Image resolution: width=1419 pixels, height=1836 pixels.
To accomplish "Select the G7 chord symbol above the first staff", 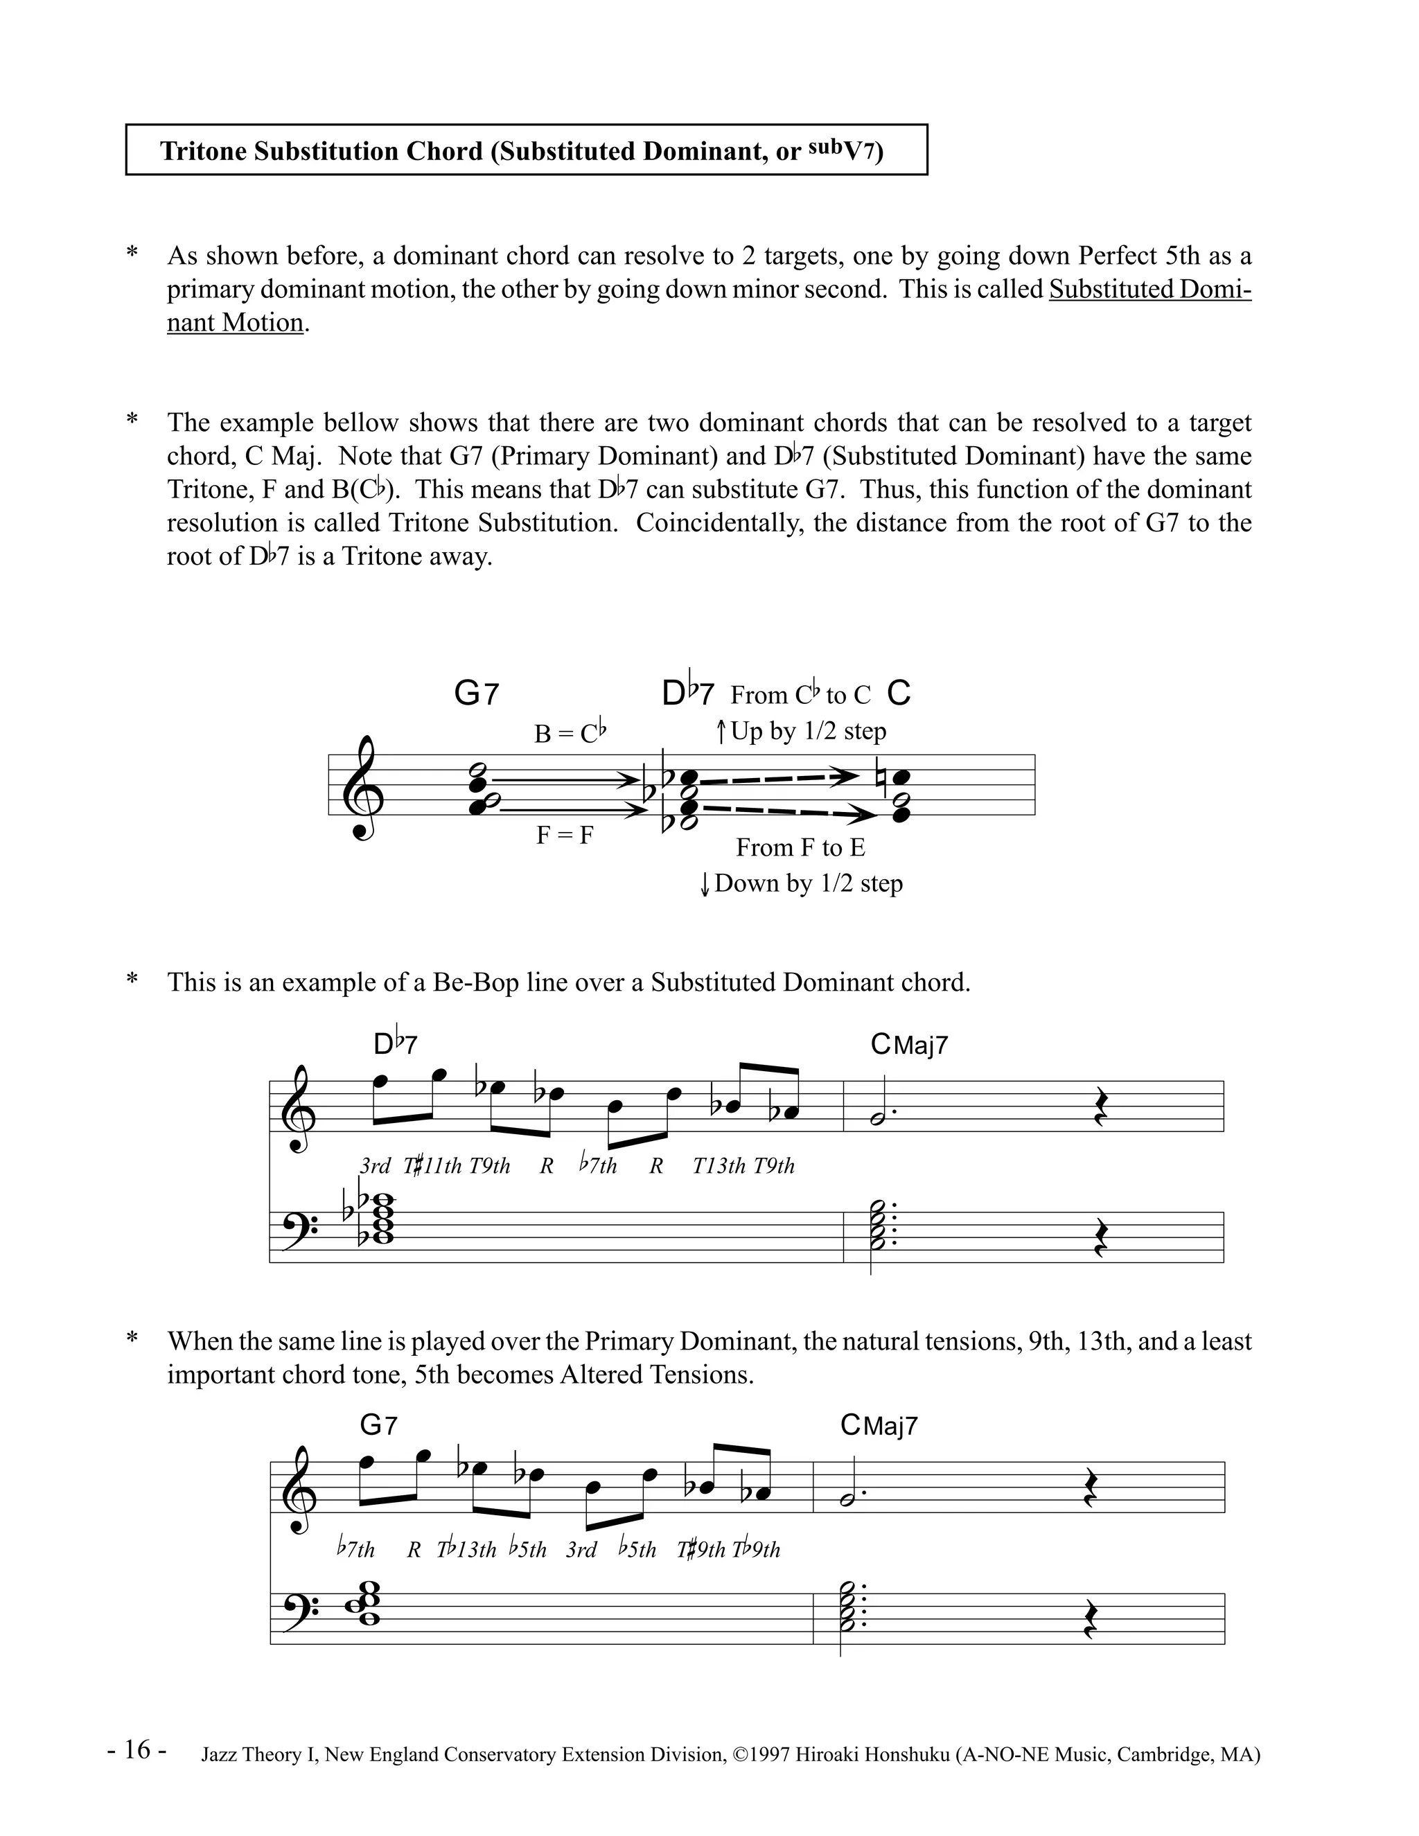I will (x=476, y=694).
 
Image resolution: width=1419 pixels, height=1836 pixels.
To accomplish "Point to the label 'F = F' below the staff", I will (x=565, y=835).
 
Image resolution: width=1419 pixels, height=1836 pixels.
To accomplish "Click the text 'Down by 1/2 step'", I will (x=808, y=883).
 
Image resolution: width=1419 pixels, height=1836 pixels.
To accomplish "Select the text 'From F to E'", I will (x=800, y=847).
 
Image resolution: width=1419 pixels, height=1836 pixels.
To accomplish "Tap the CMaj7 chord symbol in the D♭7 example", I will (x=910, y=1045).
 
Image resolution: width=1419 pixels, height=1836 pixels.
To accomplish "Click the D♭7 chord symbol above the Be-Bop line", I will (x=395, y=1044).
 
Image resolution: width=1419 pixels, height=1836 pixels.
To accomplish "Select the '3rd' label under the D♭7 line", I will (x=375, y=1166).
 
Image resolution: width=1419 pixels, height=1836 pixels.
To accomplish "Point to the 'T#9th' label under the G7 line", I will (x=700, y=1549).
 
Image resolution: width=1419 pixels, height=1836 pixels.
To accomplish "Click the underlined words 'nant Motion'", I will (x=235, y=323).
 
